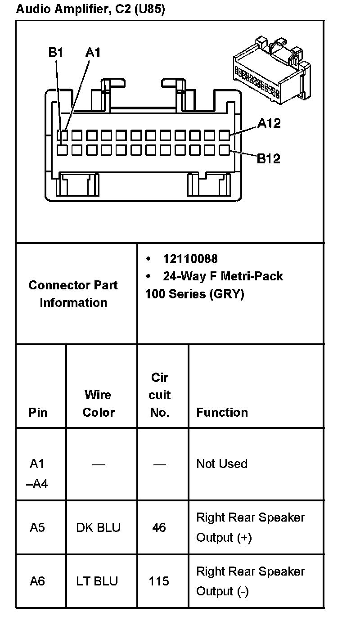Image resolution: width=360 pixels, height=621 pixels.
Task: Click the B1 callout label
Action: click(55, 53)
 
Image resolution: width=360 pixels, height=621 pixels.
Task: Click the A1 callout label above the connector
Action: click(93, 53)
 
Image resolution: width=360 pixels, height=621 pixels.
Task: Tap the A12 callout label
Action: click(269, 123)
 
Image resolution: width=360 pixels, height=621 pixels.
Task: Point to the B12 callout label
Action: click(268, 158)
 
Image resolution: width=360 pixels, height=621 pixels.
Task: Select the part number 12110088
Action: click(190, 259)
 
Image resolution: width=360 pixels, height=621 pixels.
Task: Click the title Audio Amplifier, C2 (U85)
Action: click(90, 9)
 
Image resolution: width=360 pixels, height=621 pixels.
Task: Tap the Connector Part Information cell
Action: click(73, 294)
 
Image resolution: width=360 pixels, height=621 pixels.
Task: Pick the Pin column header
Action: click(38, 412)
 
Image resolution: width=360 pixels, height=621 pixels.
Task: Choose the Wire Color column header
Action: click(99, 403)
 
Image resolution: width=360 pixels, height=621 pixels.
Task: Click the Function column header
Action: click(222, 412)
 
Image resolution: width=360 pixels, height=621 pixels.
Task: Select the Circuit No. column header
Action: click(160, 395)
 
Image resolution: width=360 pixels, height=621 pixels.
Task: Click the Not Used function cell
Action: click(222, 463)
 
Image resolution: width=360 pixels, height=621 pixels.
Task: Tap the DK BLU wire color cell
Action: click(99, 527)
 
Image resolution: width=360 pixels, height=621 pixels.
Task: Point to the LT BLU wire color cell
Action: click(97, 581)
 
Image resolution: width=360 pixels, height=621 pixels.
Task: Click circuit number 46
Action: click(159, 527)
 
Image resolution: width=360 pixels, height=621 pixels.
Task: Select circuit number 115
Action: click(159, 581)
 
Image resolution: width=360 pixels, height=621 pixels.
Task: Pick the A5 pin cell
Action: click(37, 527)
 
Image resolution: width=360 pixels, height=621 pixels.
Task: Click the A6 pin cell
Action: click(37, 581)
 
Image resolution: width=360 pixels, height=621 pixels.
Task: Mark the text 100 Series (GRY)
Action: click(194, 294)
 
